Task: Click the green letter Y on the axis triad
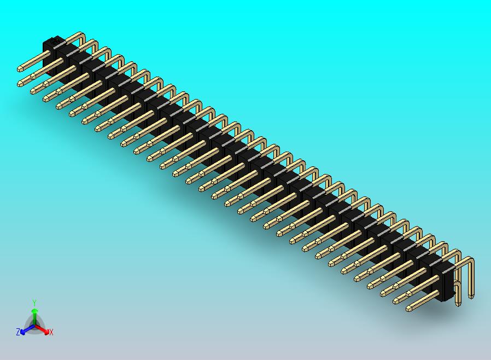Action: [x=34, y=303]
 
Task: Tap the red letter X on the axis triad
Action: [x=51, y=332]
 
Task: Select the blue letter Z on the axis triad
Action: [x=17, y=332]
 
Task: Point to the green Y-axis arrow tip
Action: [x=34, y=311]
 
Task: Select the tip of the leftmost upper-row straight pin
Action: [x=20, y=69]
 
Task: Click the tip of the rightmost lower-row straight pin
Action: [x=409, y=309]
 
